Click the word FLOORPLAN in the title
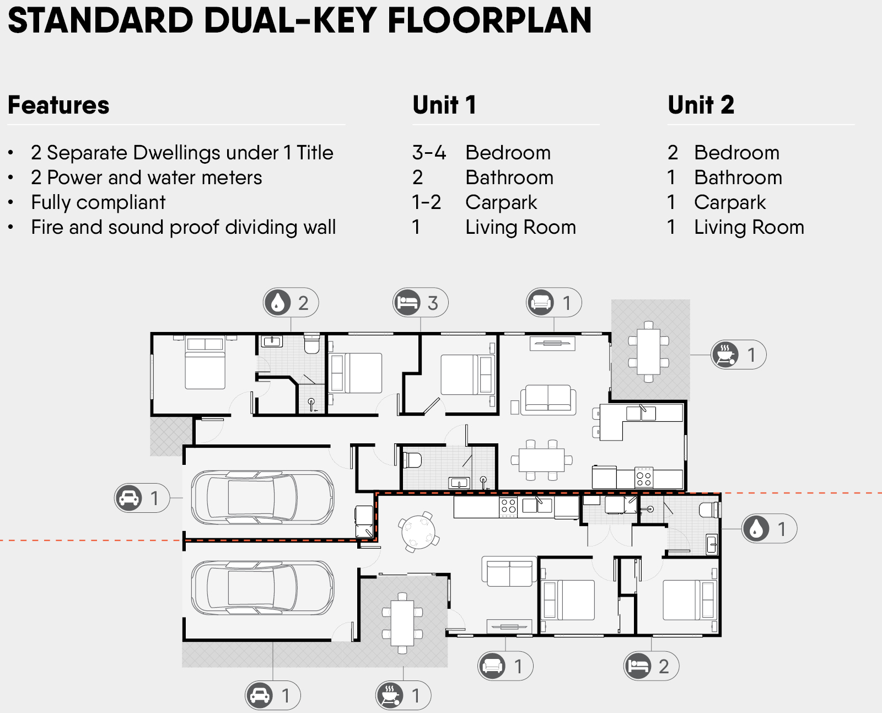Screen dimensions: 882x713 (x=490, y=20)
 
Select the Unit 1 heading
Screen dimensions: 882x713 (x=444, y=105)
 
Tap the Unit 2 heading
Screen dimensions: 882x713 (x=701, y=105)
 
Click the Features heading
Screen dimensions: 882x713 (x=58, y=105)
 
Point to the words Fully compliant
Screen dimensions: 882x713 (x=98, y=202)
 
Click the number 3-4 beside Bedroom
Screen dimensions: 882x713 (x=429, y=153)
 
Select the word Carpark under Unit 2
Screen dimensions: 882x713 (x=730, y=202)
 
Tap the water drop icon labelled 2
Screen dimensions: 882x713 (x=277, y=303)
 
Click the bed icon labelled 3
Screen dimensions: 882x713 (x=407, y=303)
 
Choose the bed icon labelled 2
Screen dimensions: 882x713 (x=638, y=666)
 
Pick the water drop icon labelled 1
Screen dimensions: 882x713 (x=756, y=529)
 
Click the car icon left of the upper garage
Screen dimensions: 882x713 (x=128, y=498)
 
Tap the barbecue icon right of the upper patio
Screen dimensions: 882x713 (x=725, y=355)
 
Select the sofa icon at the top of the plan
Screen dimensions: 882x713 (x=540, y=303)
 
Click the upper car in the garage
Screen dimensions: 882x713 (x=262, y=497)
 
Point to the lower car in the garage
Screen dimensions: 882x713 (x=262, y=588)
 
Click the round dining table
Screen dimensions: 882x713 (x=418, y=532)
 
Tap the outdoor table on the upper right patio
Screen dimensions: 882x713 (x=648, y=352)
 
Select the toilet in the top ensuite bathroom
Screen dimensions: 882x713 (x=312, y=344)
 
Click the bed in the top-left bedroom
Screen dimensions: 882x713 (x=205, y=362)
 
